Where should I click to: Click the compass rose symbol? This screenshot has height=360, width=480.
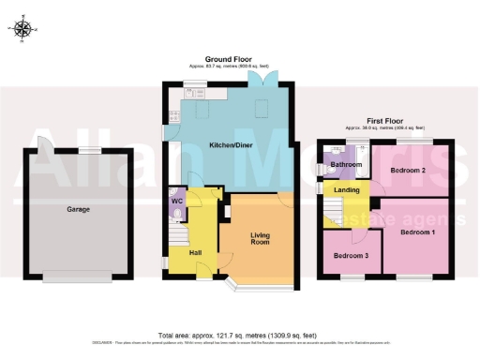pyautogui.click(x=24, y=29)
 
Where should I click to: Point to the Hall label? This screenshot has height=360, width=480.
pyautogui.click(x=195, y=252)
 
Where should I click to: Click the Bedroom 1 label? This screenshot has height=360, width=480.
pyautogui.click(x=418, y=231)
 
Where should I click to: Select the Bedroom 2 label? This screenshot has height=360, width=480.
pyautogui.click(x=410, y=171)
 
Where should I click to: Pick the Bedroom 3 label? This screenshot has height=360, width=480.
pyautogui.click(x=346, y=256)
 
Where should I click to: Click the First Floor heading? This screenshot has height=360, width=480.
pyautogui.click(x=383, y=120)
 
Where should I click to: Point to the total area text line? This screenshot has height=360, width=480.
pyautogui.click(x=238, y=335)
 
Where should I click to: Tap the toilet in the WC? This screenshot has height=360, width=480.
pyautogui.click(x=175, y=214)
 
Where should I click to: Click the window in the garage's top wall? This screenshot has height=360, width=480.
pyautogui.click(x=89, y=150)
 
